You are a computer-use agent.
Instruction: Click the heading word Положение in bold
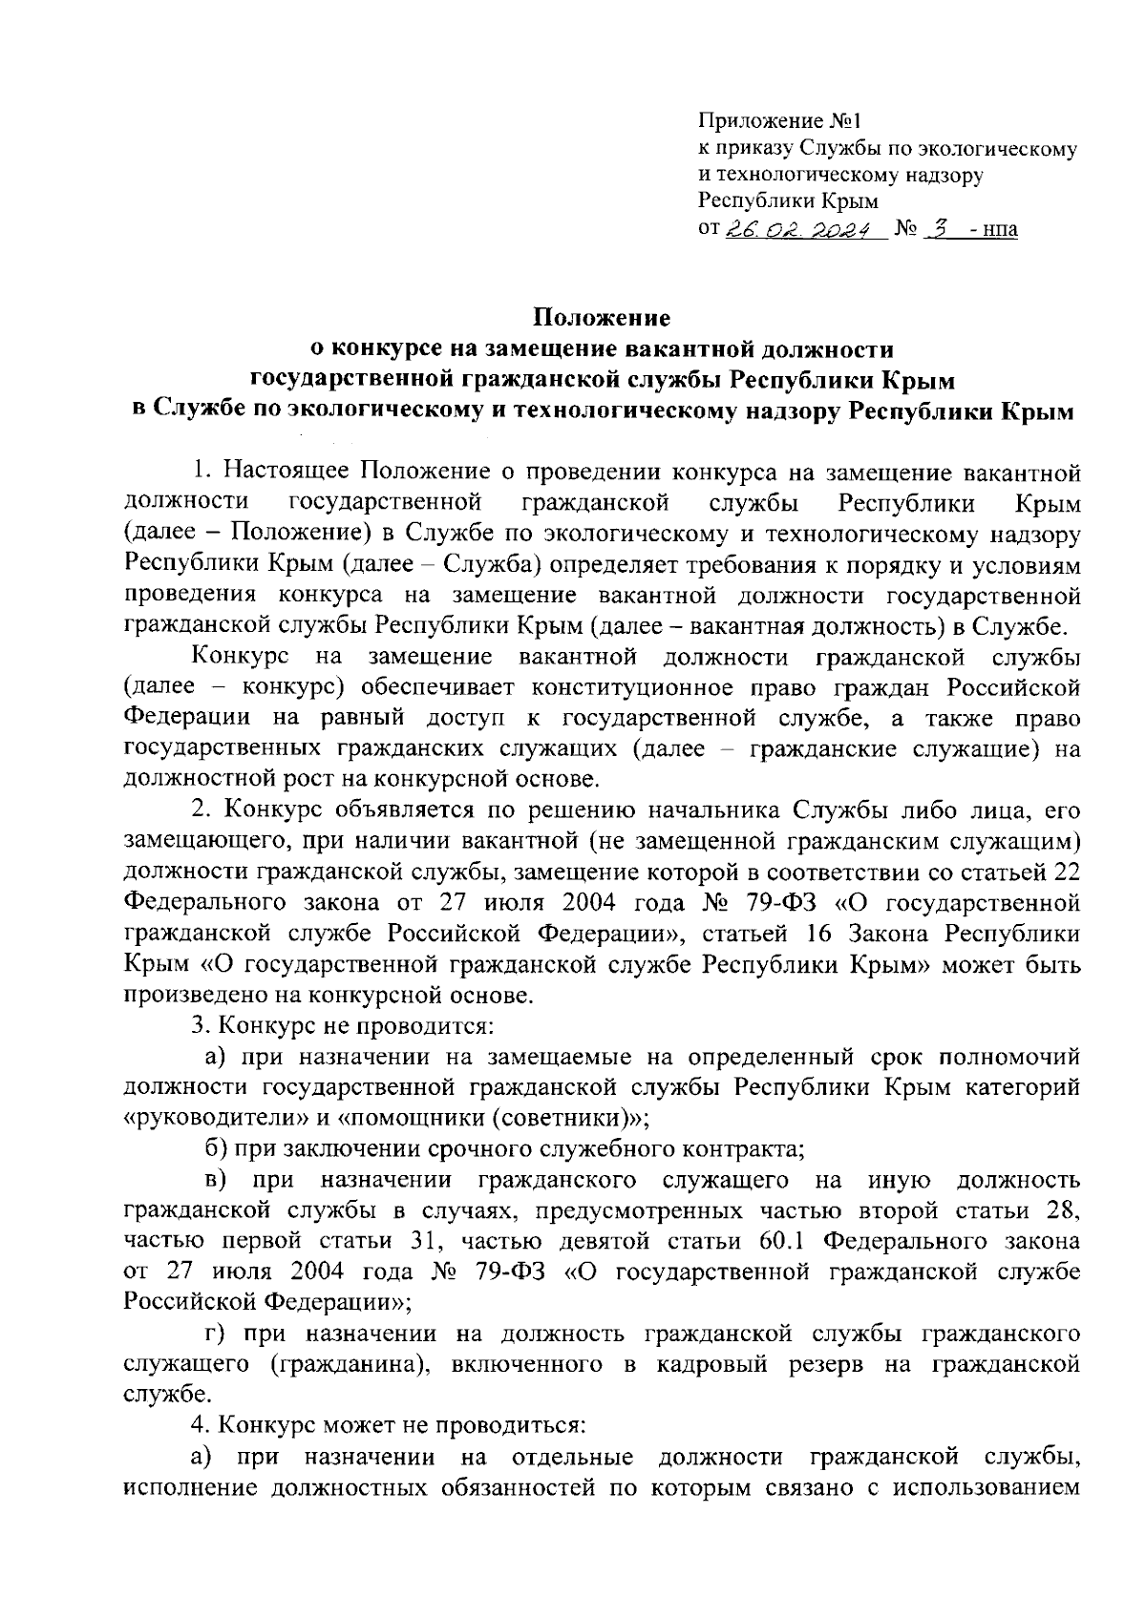(602, 317)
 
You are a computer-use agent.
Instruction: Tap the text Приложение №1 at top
(779, 121)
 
